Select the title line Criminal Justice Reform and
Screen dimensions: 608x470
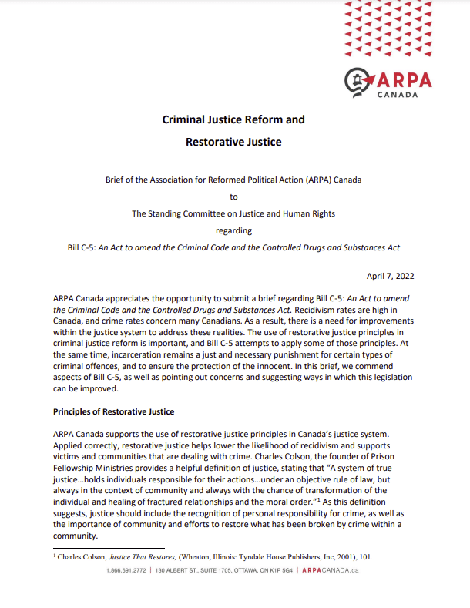pyautogui.click(x=233, y=119)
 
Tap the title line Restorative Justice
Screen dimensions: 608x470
pyautogui.click(x=233, y=142)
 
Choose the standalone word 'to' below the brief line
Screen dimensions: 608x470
pyautogui.click(x=234, y=197)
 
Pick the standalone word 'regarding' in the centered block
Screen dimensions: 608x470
pyautogui.click(x=234, y=230)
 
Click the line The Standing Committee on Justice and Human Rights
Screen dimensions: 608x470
pyautogui.click(x=234, y=213)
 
